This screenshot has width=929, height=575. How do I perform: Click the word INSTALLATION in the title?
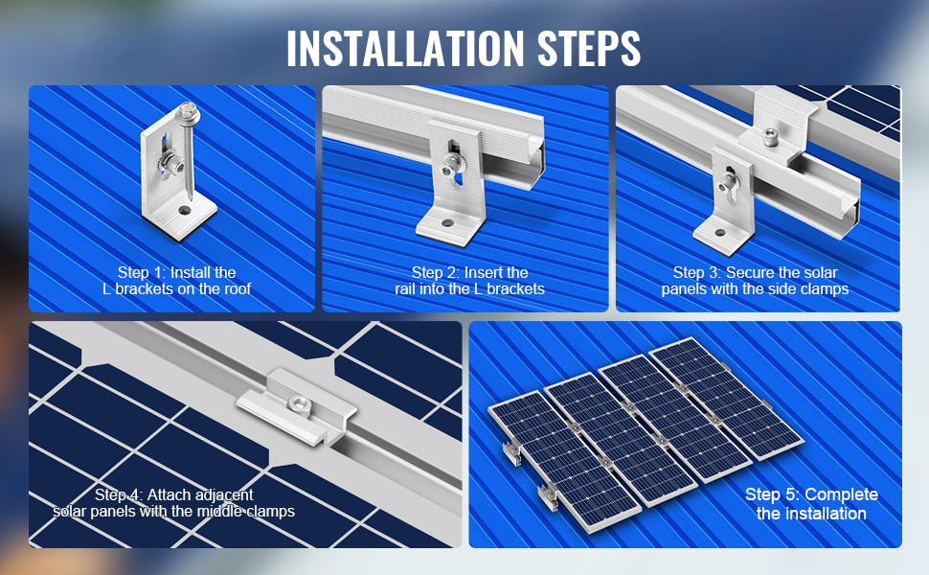point(405,47)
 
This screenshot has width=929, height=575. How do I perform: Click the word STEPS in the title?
point(589,47)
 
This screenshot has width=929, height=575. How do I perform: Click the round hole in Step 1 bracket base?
point(186,210)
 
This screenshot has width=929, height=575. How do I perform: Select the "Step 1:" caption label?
point(142,273)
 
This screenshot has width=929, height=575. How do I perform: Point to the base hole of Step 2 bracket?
point(447,223)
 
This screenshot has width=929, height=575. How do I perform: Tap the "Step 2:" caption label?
point(436,273)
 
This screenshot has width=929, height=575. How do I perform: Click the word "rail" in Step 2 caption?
point(405,288)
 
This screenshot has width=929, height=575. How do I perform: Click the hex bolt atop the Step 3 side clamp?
point(769,135)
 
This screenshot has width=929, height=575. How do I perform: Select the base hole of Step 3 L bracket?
point(720,233)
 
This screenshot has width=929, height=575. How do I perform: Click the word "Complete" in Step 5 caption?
point(841,494)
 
